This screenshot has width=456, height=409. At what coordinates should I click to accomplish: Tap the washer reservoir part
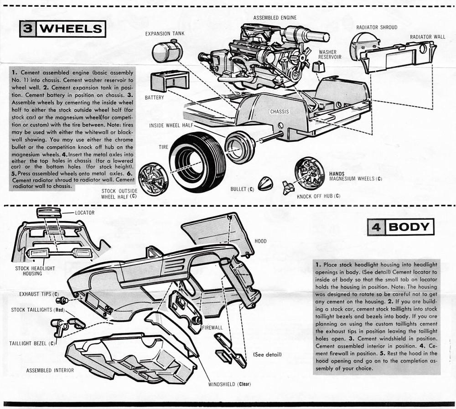pos(319,67)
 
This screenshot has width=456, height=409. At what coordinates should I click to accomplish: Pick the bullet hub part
pos(265,183)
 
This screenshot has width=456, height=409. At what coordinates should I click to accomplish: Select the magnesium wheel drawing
pos(310,173)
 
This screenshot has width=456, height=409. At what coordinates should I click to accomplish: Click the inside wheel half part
pos(240,147)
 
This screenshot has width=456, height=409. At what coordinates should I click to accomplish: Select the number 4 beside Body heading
pos(376,227)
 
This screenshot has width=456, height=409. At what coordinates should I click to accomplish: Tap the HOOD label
pos(260,241)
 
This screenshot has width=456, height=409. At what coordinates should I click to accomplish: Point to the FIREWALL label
pos(212,327)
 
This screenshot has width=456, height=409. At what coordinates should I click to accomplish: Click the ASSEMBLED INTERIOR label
pos(50,370)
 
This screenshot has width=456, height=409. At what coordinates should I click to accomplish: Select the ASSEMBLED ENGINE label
pos(275,18)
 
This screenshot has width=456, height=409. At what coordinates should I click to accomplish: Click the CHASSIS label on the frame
pos(280,111)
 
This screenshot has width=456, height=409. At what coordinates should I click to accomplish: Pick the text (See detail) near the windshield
pos(267,354)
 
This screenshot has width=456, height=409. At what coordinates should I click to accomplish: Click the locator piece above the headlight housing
pos(49,212)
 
